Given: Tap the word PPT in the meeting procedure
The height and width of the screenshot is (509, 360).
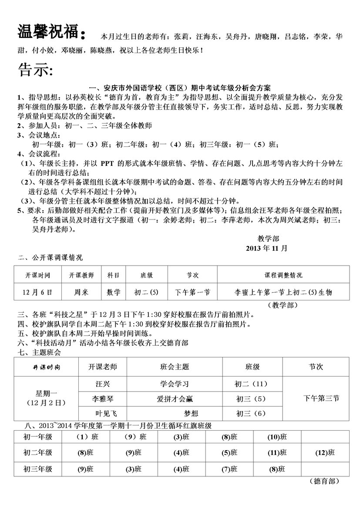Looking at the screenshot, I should click(x=108, y=163).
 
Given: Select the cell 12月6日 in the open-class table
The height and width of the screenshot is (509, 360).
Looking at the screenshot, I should click(x=38, y=292).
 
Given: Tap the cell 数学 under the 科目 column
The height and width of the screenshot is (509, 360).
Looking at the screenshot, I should click(x=114, y=292).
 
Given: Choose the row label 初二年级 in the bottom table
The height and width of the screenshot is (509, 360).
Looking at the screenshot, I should click(x=37, y=452).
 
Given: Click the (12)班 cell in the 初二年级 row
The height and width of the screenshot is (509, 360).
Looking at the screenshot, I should click(x=325, y=452).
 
